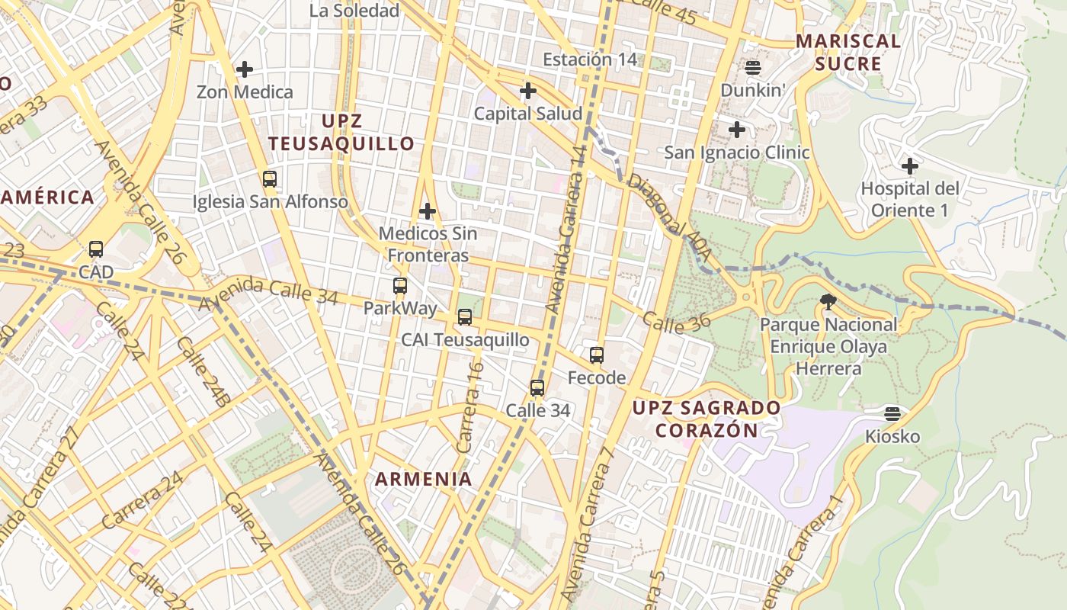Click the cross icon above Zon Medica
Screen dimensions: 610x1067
point(245,69)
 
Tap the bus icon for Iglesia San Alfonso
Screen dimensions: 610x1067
point(270,179)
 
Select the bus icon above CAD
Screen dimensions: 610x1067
point(96,249)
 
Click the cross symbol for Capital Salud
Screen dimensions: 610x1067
point(527,91)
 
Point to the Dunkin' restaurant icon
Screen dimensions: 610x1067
point(753,68)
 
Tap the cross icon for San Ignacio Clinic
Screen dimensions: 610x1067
point(737,130)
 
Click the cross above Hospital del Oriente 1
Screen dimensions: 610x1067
point(910,165)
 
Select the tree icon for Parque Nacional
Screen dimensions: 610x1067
point(828,302)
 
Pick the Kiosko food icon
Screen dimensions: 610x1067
point(892,414)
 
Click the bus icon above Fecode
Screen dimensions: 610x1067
point(597,355)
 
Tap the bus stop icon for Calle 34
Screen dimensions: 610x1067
point(537,388)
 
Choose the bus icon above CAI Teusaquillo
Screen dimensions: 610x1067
point(465,317)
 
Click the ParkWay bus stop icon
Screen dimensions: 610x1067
point(400,286)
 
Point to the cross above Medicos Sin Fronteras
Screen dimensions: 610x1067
point(428,210)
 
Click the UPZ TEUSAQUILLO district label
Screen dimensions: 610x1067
point(341,132)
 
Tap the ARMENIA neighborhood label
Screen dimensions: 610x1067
point(424,479)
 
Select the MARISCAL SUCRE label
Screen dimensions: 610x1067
point(848,52)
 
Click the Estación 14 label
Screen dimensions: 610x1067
point(589,59)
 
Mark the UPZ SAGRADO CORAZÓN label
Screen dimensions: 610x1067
point(707,419)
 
